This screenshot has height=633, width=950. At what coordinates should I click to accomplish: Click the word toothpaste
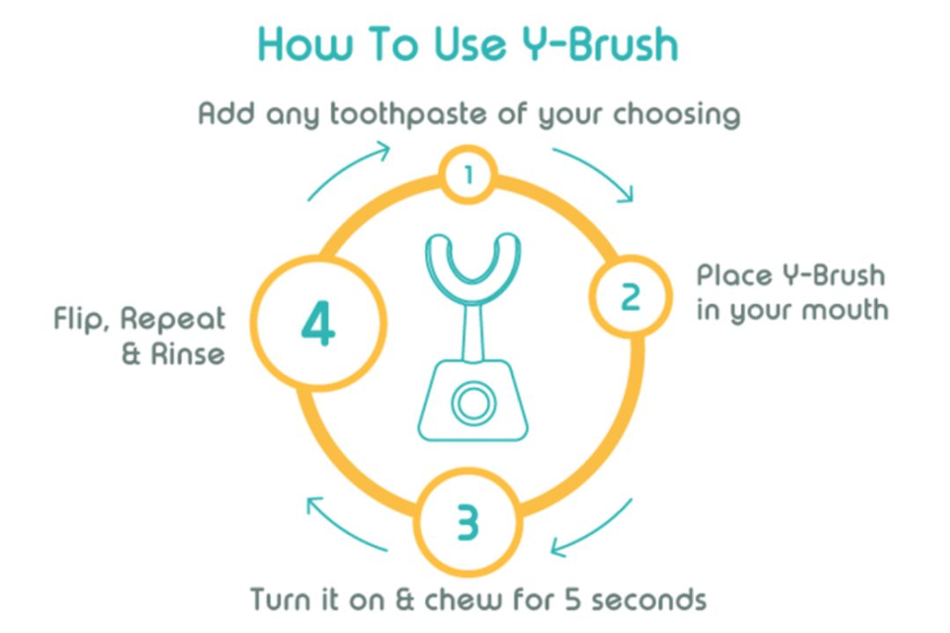(408, 114)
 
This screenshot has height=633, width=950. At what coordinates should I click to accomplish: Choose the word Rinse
(188, 354)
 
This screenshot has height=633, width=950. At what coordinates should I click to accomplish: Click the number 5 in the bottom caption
(574, 599)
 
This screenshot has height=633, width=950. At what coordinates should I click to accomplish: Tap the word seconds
(649, 599)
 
